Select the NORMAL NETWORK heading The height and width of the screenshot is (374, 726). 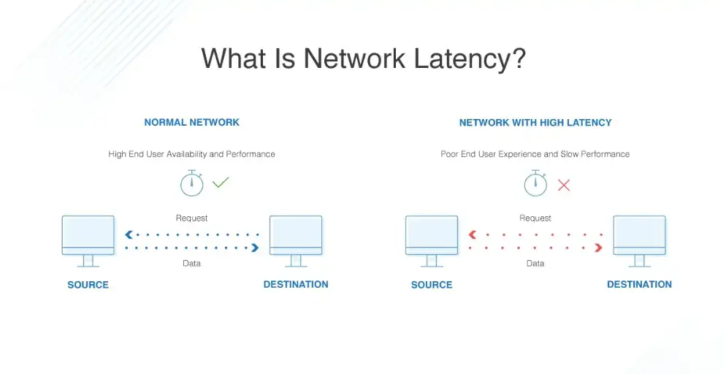tap(191, 122)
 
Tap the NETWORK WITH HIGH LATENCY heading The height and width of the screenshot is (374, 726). tap(535, 122)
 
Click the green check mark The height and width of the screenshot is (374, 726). tap(221, 183)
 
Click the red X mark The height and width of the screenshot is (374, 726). tap(564, 185)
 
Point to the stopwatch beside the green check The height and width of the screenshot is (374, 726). tap(191, 183)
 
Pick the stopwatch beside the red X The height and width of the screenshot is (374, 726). tap(535, 183)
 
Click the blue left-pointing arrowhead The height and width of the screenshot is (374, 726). tap(129, 235)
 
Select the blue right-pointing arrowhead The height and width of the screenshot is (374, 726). tap(255, 248)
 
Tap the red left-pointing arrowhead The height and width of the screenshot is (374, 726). tap(473, 235)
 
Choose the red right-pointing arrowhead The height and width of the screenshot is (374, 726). tap(598, 248)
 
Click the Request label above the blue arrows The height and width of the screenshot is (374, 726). tap(191, 218)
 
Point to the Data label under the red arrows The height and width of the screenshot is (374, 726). tap(535, 263)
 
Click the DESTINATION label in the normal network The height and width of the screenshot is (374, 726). tap(296, 284)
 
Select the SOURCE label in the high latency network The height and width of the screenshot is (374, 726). tap(432, 285)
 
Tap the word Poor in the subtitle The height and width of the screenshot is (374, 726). tap(450, 154)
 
